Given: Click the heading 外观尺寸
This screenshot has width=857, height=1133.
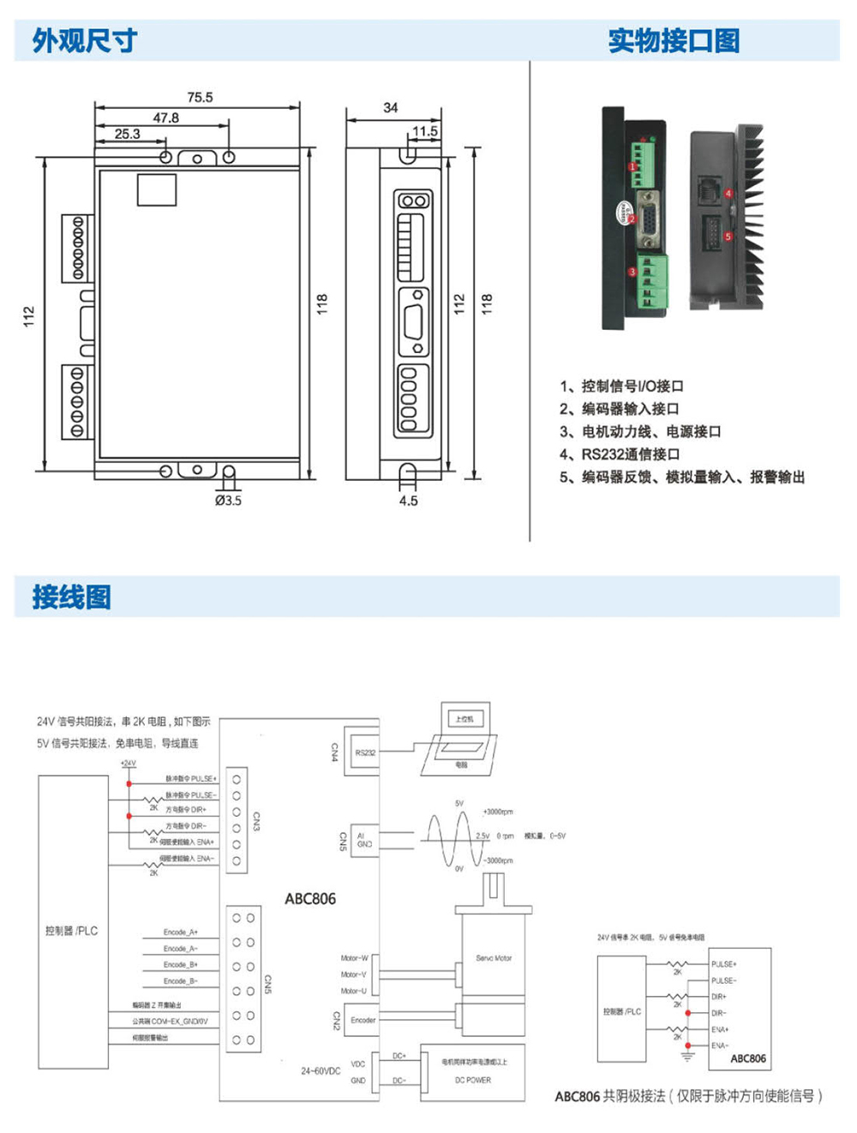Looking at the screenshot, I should click(84, 40).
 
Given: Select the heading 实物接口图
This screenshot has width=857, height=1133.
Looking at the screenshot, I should click(674, 40).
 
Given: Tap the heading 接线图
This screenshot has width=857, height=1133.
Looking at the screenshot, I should click(71, 596).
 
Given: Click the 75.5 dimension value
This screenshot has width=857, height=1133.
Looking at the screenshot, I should click(200, 98).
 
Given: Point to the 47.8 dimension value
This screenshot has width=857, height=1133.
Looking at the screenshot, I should click(165, 118).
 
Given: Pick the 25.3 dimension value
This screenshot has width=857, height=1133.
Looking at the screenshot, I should click(127, 135).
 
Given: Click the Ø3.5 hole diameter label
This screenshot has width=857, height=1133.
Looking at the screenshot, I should click(228, 501).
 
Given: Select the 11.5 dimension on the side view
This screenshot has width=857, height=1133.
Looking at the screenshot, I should click(424, 132).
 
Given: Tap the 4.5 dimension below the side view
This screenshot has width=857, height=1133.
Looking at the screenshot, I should click(408, 501).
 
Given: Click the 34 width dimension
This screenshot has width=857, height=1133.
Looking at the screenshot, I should click(391, 108).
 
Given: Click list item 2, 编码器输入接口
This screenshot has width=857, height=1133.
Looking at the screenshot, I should click(620, 409).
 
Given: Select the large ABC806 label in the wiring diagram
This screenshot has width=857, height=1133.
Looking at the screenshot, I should click(310, 899).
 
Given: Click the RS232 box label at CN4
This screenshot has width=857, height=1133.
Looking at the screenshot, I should click(365, 752).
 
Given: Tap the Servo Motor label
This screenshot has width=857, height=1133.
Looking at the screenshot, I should click(494, 958).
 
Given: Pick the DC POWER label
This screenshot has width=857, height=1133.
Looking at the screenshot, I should click(473, 1080).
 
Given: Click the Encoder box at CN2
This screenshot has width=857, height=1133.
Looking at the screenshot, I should click(363, 1020).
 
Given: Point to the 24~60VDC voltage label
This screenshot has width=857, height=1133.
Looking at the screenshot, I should click(321, 1070).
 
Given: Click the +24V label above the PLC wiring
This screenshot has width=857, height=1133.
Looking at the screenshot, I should click(128, 763).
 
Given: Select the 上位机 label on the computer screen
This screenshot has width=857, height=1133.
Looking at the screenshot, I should click(464, 719).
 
